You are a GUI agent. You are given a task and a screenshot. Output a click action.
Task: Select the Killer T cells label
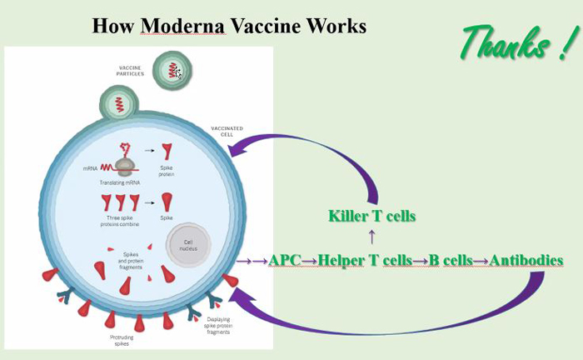tap(371, 216)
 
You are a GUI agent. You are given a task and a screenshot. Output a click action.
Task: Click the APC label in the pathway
tap(284, 260)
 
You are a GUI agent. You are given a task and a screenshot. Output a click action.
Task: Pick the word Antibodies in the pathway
tap(526, 260)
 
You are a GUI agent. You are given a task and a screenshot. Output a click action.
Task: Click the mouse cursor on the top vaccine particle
tap(178, 73)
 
